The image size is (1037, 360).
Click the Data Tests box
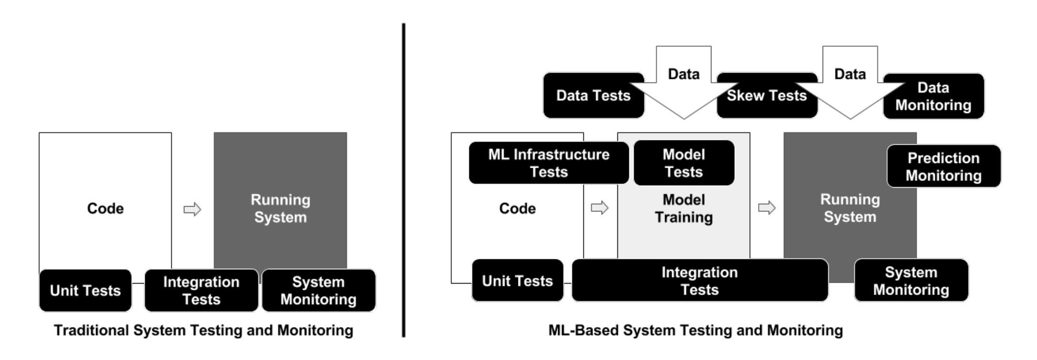[593, 95]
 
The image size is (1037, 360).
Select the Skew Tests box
[767, 95]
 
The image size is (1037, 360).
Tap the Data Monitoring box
[933, 96]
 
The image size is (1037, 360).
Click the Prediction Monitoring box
[943, 166]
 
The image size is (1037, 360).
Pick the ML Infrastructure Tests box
[549, 163]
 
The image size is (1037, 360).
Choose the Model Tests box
[684, 163]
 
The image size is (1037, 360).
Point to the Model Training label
[684, 209]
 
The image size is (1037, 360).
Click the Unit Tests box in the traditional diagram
[85, 290]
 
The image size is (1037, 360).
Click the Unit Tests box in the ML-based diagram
[518, 281]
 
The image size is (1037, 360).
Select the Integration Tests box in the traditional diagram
[201, 290]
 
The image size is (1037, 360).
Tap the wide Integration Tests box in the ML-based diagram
[699, 281]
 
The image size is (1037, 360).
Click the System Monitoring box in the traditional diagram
[318, 290]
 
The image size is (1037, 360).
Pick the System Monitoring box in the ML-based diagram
[911, 281]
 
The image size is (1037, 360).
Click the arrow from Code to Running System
[192, 209]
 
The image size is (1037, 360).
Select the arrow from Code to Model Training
[600, 208]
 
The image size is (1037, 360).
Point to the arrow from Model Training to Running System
[767, 208]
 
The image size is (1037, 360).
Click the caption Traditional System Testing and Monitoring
[203, 330]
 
